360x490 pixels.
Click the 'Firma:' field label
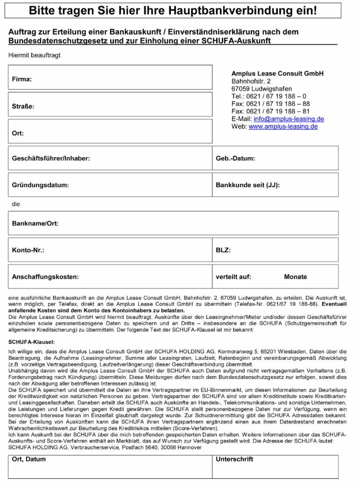point(21,79)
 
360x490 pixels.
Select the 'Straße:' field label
point(23,106)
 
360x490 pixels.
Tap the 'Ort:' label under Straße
point(18,133)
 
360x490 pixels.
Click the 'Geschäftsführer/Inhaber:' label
point(51,158)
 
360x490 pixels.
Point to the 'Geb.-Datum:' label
point(235,158)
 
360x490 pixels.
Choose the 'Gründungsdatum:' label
point(40,185)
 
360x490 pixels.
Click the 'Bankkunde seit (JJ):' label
point(247,185)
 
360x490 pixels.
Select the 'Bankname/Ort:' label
point(35,223)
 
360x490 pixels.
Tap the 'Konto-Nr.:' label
point(28,250)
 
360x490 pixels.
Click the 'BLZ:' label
point(223,250)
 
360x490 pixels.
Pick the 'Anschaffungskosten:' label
point(45,277)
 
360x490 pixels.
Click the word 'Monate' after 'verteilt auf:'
point(296,277)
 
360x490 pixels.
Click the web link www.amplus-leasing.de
point(283,126)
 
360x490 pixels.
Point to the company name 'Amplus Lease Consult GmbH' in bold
point(277,74)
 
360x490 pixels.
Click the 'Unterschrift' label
point(234,459)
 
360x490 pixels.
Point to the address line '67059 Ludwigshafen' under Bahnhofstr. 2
point(262,89)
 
